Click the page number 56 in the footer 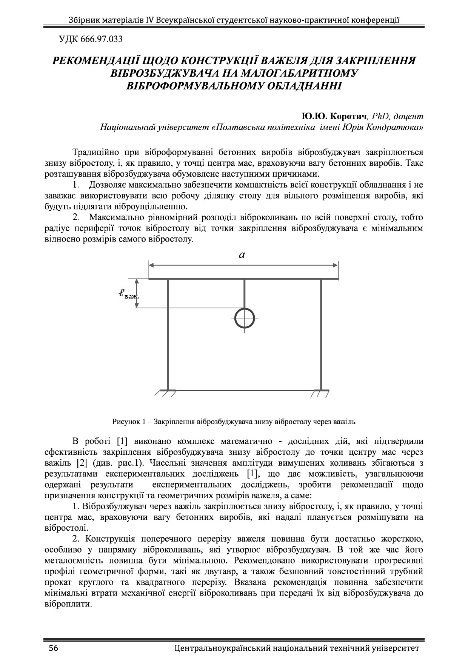pos(53,648)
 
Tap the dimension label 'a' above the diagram pos(242,255)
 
